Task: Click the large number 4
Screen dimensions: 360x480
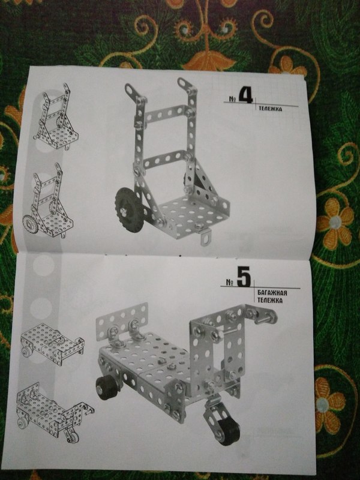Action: click(x=245, y=95)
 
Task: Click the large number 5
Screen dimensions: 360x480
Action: click(x=244, y=277)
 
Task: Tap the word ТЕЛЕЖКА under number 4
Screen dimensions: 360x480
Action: click(x=271, y=109)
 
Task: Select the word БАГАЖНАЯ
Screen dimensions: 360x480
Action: click(x=272, y=293)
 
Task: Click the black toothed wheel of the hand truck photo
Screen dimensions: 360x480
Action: click(x=129, y=209)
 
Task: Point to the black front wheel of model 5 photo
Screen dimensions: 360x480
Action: click(x=106, y=388)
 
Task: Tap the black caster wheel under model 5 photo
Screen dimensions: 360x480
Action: click(x=229, y=431)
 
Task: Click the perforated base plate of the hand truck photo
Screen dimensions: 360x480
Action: click(x=193, y=214)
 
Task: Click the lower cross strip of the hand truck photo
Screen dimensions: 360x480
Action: click(x=166, y=159)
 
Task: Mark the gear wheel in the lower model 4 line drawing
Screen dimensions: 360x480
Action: click(x=30, y=224)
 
